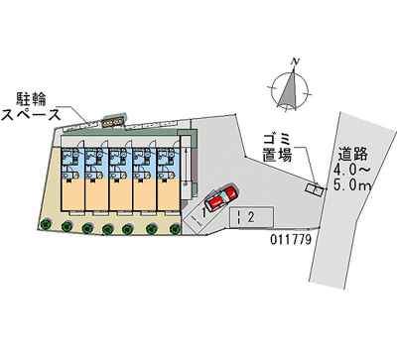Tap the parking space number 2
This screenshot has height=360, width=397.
[x=253, y=215]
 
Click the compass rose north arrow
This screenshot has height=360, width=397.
[x=291, y=89]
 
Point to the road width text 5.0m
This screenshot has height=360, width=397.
[x=354, y=184]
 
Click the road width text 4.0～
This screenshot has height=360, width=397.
[x=354, y=169]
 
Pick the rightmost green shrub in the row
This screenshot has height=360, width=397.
[x=173, y=227]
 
